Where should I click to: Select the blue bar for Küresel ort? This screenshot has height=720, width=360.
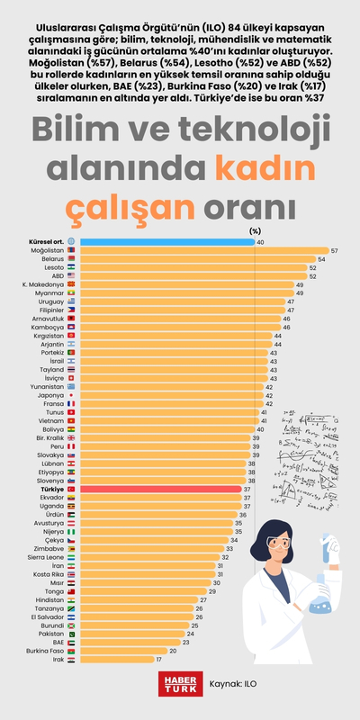pyautogui.click(x=166, y=242)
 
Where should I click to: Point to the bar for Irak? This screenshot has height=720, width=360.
pyautogui.click(x=116, y=660)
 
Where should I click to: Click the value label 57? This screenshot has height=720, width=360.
pyautogui.click(x=335, y=250)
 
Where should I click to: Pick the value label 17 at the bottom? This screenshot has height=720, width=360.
pyautogui.click(x=159, y=660)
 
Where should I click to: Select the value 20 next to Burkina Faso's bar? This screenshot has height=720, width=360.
pyautogui.click(x=173, y=651)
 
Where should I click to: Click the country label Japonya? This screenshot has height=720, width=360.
pyautogui.click(x=50, y=395)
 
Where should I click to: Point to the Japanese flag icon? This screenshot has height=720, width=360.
pyautogui.click(x=72, y=395)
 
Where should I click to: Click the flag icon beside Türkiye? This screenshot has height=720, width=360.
pyautogui.click(x=72, y=489)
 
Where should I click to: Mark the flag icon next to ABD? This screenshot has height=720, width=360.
pyautogui.click(x=72, y=276)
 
